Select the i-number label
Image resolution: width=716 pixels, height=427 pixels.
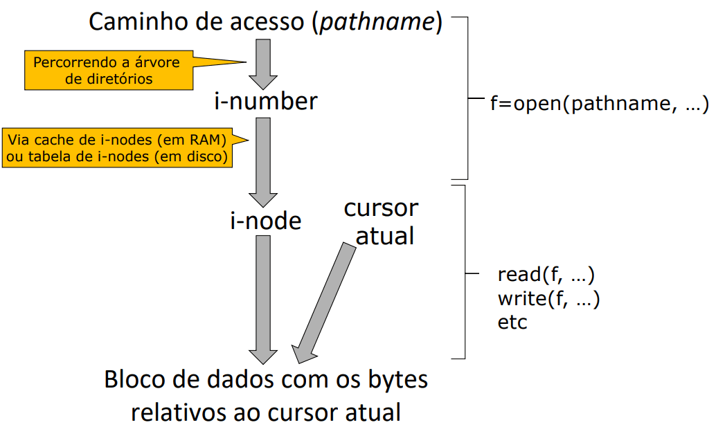266,102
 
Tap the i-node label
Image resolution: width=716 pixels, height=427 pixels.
266,221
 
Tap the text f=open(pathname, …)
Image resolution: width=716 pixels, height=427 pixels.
598,105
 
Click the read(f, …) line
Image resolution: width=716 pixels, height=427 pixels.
546,275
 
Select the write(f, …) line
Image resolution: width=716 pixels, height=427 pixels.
548,299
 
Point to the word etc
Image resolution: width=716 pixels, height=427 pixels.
512,322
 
